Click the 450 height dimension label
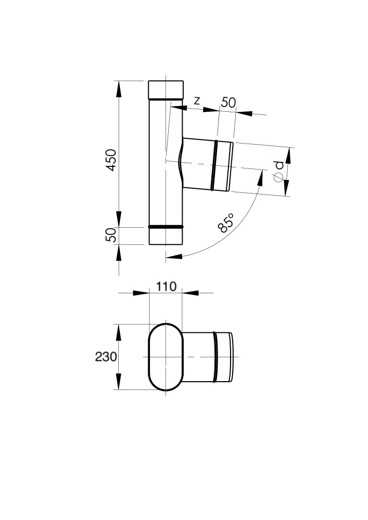click(x=111, y=160)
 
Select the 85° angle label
click(x=226, y=223)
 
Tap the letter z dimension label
click(x=197, y=100)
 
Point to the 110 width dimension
click(x=166, y=286)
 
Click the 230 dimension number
click(x=106, y=357)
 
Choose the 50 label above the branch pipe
click(x=229, y=102)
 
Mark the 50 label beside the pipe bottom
click(x=111, y=235)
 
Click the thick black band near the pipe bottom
click(x=166, y=227)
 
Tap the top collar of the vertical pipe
click(x=166, y=89)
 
